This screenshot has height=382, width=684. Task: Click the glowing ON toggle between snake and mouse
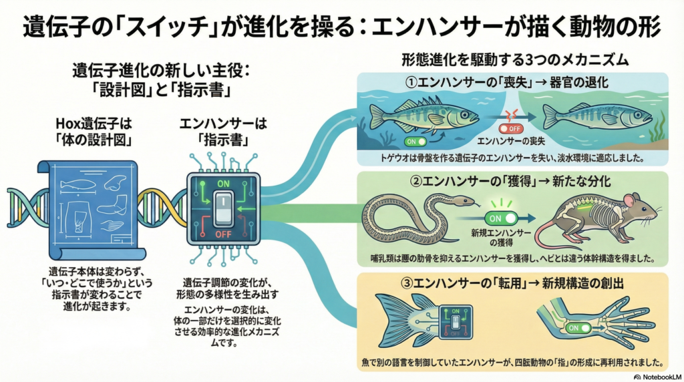coord(502,218)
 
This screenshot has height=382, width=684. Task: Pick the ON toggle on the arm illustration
coord(580,328)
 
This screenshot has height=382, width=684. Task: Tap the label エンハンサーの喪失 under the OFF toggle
coord(511,142)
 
